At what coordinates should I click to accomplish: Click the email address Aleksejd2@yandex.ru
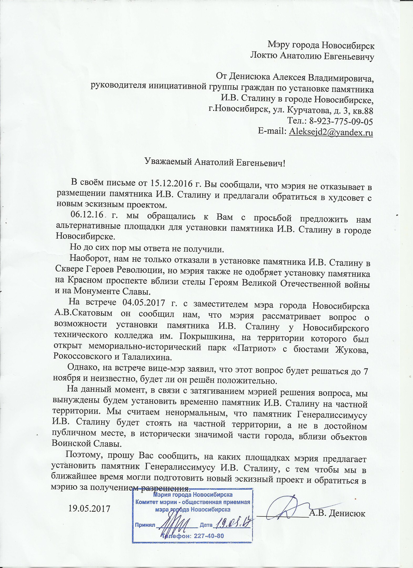(331, 132)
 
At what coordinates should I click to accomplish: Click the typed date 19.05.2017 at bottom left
(89, 508)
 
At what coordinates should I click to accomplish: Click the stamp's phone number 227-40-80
(209, 536)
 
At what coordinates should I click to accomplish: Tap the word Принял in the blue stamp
(145, 525)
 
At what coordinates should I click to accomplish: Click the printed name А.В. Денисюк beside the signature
(337, 513)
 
